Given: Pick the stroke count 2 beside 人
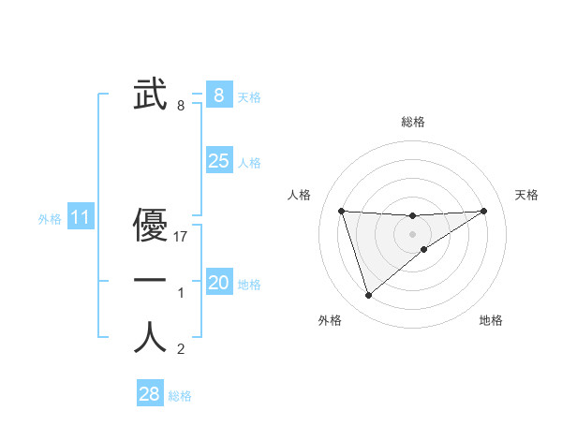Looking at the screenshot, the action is [181, 350].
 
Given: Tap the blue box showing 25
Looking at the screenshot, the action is [218, 161].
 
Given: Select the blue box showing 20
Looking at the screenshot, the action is [218, 283].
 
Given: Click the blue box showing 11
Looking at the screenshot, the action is [80, 218].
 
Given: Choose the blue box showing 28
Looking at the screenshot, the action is [149, 394].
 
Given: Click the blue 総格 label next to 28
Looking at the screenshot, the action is [180, 396].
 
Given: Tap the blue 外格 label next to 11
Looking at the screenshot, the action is [50, 219].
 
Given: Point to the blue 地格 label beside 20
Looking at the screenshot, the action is [249, 284].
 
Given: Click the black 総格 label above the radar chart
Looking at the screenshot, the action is [412, 122].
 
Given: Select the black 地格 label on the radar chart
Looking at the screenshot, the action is [491, 320].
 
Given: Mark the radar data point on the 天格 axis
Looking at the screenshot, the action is [483, 211].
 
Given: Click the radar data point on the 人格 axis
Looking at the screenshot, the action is [341, 211].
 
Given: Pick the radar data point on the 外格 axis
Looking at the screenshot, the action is [368, 295].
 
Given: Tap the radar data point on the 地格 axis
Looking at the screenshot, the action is [424, 249].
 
